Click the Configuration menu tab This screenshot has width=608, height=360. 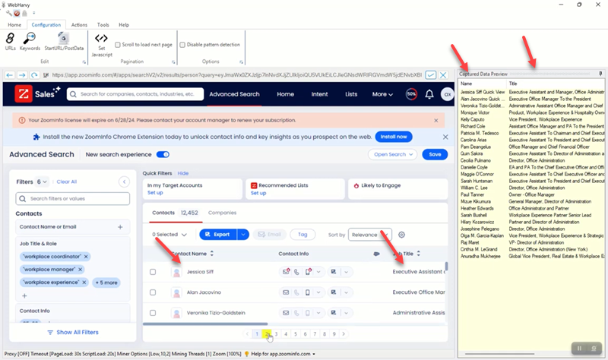point(46,25)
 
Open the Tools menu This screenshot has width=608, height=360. point(103,25)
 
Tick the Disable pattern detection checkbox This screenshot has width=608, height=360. point(183,45)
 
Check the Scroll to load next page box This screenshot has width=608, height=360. point(118,45)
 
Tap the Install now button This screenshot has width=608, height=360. point(394,137)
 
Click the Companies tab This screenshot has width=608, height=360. point(222,213)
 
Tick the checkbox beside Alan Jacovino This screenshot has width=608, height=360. point(153,292)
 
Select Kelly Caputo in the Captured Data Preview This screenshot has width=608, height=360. point(473,120)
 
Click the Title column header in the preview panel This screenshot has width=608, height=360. point(514,84)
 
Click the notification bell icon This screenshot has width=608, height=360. point(429,94)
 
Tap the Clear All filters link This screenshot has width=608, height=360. point(67,182)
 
